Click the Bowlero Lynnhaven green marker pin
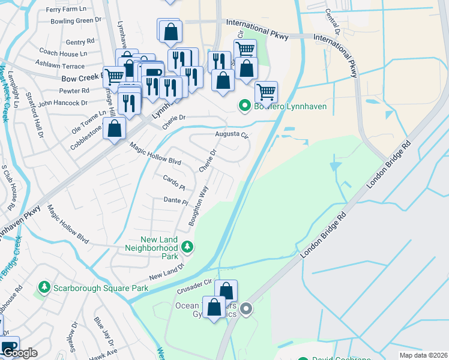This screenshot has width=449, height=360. click(244, 106)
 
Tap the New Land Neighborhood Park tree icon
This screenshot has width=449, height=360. click(188, 247)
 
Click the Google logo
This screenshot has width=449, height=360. click(19, 353)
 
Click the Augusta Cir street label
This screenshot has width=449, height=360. click(232, 135)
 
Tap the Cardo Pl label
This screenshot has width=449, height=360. click(174, 179)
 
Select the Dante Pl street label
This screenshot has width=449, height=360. click(176, 200)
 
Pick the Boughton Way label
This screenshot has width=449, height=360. click(198, 206)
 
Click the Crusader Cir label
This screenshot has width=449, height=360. click(194, 286)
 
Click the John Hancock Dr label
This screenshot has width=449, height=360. click(63, 103)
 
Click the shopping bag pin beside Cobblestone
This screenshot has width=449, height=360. click(114, 128)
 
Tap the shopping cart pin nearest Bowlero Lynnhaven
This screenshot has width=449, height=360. click(266, 92)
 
